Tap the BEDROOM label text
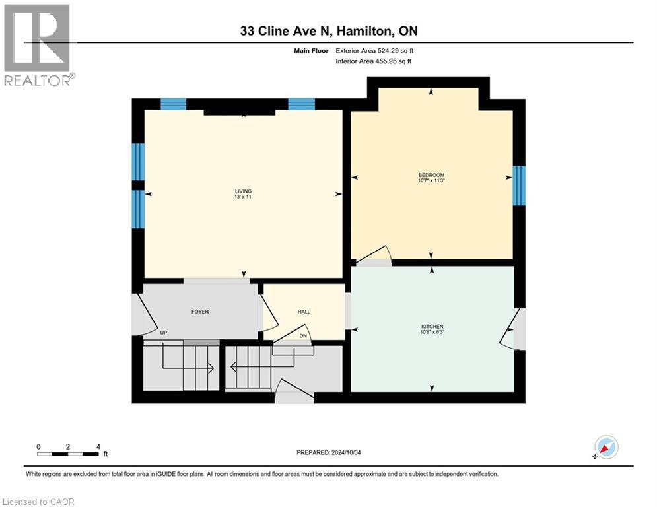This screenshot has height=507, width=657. (x=431, y=174)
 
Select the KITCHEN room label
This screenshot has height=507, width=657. (x=432, y=327)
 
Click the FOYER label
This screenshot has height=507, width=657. (x=199, y=312)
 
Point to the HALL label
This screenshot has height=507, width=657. (x=304, y=312)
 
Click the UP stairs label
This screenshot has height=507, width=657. (x=162, y=333)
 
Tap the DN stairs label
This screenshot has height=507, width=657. (x=303, y=336)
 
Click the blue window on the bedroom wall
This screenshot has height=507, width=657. (x=520, y=186)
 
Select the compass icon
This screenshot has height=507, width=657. (x=605, y=447)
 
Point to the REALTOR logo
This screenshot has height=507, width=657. (x=38, y=45)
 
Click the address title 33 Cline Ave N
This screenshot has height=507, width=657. (x=328, y=31)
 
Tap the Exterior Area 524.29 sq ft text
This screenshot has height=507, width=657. (x=375, y=50)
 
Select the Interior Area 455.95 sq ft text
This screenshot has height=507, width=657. (x=374, y=61)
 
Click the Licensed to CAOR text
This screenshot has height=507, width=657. (x=39, y=502)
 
